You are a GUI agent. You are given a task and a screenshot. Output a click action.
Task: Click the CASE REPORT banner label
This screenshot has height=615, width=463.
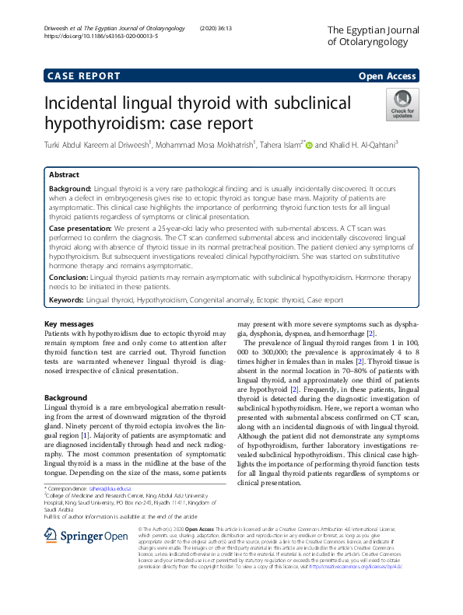(x=84, y=76)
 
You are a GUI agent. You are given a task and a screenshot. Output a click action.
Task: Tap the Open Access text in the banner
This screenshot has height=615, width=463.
(x=388, y=76)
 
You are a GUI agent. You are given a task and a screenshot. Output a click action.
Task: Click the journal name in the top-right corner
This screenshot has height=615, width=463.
(x=373, y=36)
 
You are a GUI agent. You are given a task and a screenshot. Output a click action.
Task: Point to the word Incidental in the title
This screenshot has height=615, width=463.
(x=86, y=104)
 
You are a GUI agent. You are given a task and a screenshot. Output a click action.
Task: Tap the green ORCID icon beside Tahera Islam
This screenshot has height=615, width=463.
(x=308, y=144)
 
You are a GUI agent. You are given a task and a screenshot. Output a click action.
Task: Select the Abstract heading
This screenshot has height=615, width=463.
(x=65, y=175)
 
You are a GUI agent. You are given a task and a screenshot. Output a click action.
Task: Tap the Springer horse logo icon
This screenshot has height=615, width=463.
(x=52, y=536)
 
